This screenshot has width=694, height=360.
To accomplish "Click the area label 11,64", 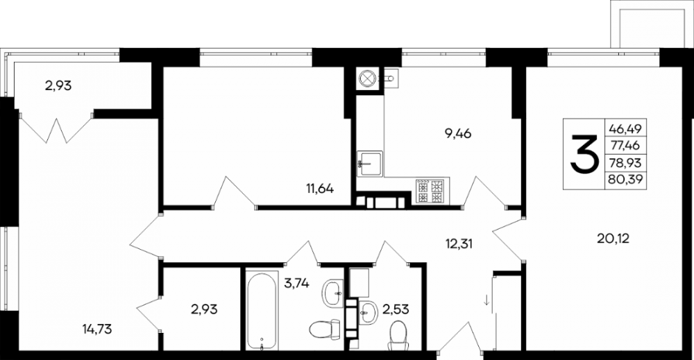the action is pos(319,189).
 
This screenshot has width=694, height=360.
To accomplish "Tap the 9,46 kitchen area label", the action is pos(458,133).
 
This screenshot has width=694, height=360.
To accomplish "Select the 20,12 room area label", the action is pos(613,239).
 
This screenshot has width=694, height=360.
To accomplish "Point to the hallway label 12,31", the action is pos(459,243).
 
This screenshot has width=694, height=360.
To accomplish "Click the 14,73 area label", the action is pos(97,329).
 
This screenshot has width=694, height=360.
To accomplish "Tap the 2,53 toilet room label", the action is pos(396,309).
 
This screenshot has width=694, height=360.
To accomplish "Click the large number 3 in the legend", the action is pos(583,154).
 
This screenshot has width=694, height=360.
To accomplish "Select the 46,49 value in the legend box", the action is pos(625,129).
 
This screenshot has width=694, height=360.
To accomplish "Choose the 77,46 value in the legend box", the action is pos(625,146).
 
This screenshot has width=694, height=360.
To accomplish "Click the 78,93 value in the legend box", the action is pos(625,162).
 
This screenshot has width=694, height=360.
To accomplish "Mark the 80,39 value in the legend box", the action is pos(625,179).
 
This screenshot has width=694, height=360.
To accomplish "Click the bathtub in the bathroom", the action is pos(262,311).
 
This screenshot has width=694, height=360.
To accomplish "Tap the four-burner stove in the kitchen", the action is pos(430,191).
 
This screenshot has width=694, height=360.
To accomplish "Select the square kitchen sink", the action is pos(370,164).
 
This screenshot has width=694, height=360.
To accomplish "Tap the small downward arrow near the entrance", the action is pos(486,302).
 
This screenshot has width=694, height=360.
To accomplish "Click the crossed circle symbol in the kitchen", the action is pos(367,78).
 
